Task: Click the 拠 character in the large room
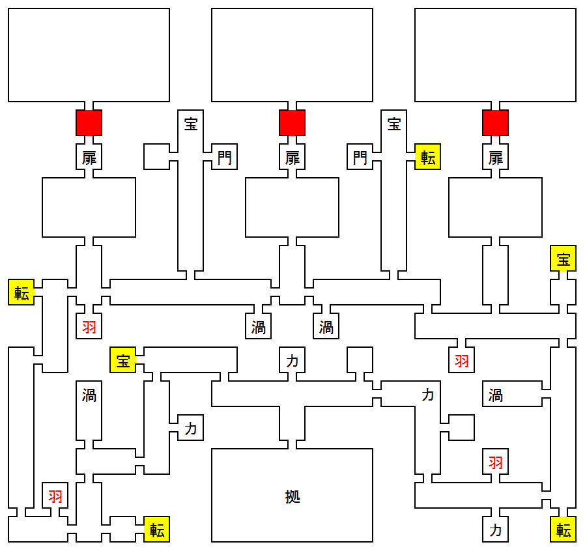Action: coord(292,496)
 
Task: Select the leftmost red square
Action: coord(89,122)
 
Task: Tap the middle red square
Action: coord(292,122)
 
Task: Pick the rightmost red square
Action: coord(496,122)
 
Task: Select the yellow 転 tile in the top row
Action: coord(428,157)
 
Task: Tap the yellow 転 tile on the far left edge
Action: coord(21,292)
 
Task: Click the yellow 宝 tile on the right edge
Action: coord(564,258)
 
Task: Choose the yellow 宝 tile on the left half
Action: coord(122,360)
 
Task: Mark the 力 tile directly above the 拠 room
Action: coord(292,360)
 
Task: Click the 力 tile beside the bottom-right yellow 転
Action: coord(496,530)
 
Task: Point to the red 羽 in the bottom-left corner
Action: coord(55,496)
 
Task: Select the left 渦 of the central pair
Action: coord(258,326)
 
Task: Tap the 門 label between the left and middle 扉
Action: coord(224,157)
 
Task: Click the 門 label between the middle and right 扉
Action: coord(360,157)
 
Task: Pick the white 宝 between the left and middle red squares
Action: coord(191,123)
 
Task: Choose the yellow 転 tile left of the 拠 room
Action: coord(157,530)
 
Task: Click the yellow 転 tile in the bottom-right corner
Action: coord(564,530)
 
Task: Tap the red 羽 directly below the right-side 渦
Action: coord(496,462)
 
